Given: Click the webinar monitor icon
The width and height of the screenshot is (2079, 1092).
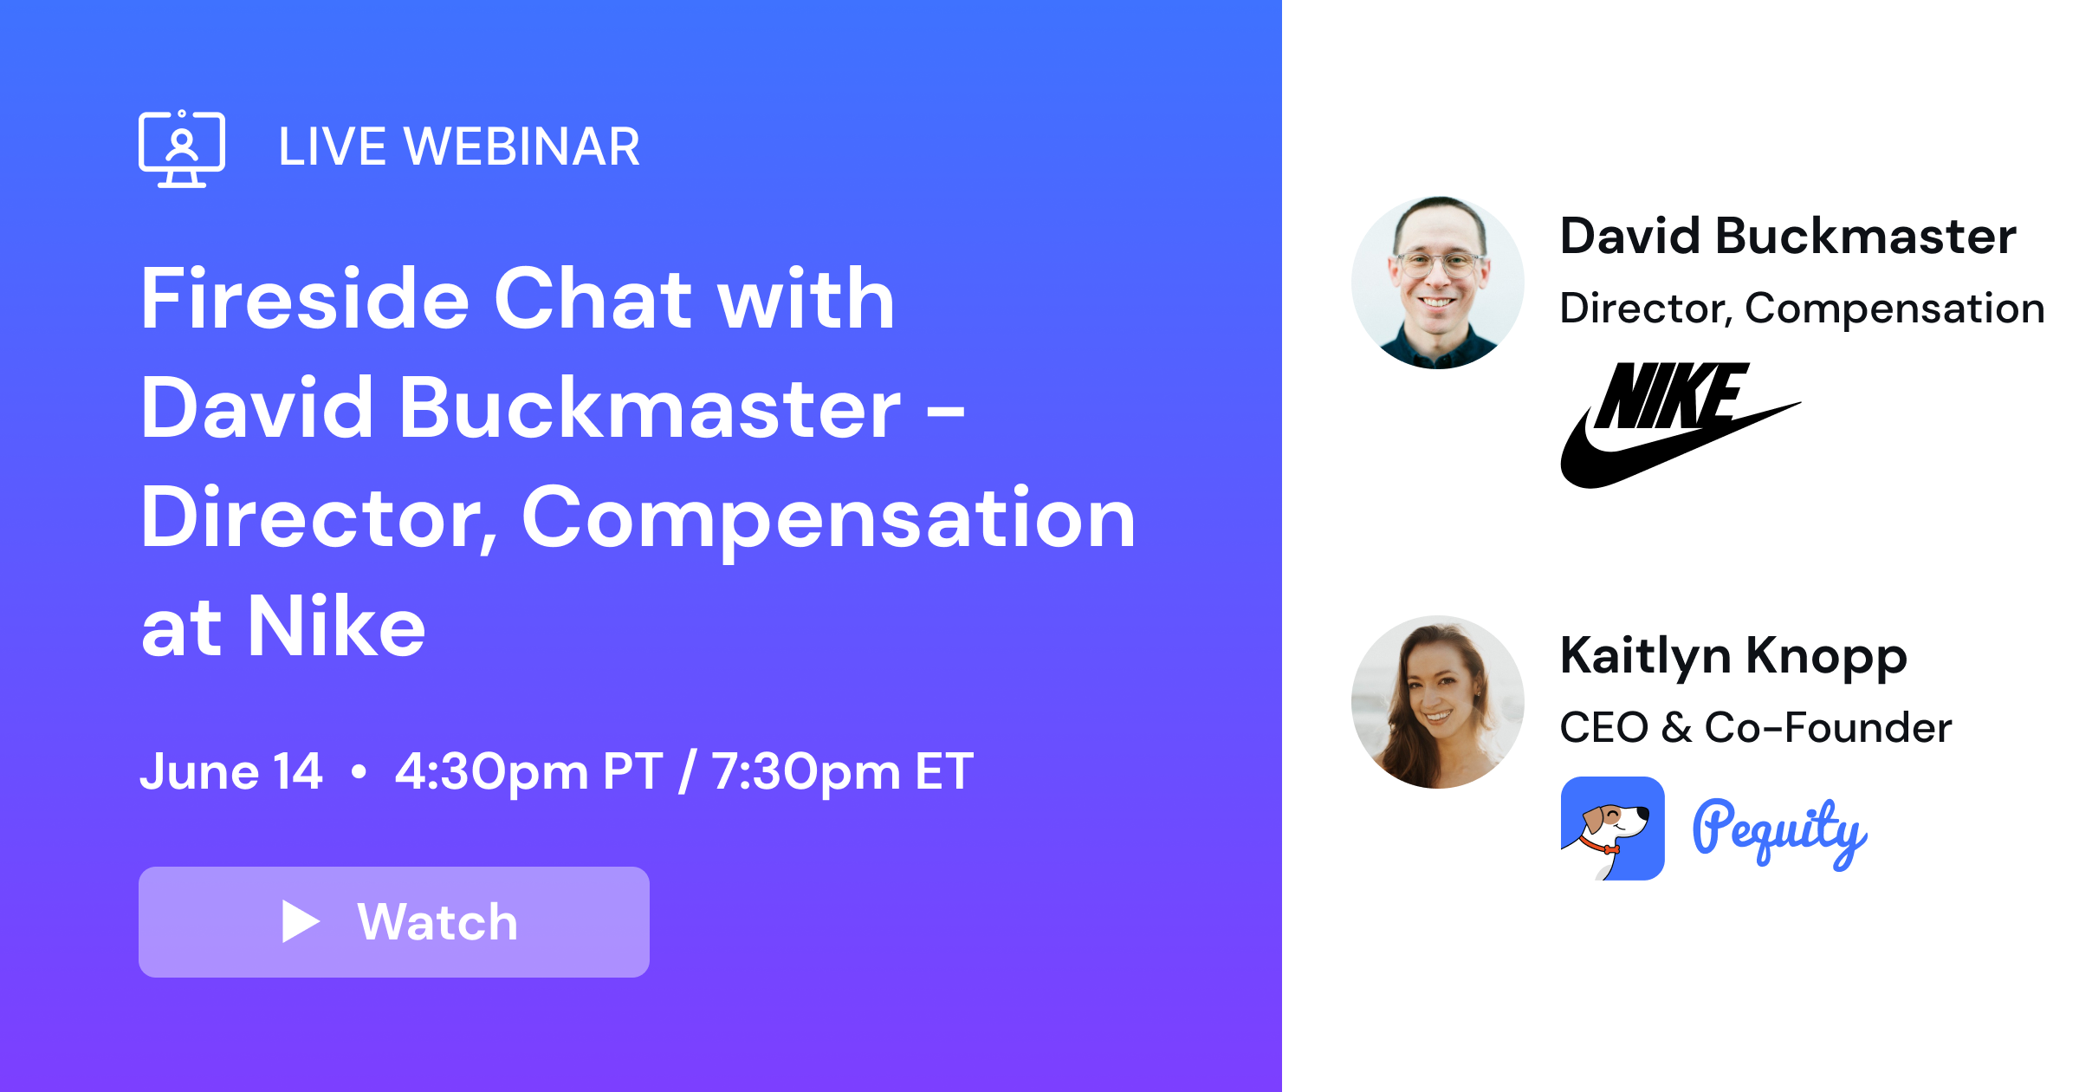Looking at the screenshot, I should pyautogui.click(x=182, y=149).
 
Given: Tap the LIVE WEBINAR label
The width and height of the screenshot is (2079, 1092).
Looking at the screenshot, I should pyautogui.click(x=459, y=146).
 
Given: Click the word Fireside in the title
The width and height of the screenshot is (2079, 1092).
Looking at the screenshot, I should pyautogui.click(x=305, y=299).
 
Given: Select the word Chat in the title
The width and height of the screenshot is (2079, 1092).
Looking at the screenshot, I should pyautogui.click(x=593, y=299).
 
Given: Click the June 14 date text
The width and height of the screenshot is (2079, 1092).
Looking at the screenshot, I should pyautogui.click(x=231, y=770).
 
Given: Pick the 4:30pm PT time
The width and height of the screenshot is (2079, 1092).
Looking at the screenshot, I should pyautogui.click(x=528, y=770).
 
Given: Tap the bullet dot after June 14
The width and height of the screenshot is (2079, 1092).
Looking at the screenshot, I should pyautogui.click(x=359, y=770).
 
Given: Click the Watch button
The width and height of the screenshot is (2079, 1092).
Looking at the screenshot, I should pyautogui.click(x=394, y=921).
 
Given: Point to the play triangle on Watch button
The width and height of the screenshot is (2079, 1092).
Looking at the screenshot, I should pyautogui.click(x=300, y=921).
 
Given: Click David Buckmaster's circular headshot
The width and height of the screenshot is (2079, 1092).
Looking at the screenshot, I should pyautogui.click(x=1438, y=283).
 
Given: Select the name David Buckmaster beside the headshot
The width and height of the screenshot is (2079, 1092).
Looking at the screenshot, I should pyautogui.click(x=1787, y=236).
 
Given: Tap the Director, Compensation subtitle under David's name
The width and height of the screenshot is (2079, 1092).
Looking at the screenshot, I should pyautogui.click(x=1802, y=309).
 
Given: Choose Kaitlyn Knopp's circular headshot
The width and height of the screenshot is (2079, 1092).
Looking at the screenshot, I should pyautogui.click(x=1438, y=702).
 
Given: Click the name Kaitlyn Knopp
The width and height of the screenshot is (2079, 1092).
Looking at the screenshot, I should pyautogui.click(x=1733, y=656).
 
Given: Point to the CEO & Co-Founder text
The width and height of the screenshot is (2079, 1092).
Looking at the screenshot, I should pyautogui.click(x=1755, y=727).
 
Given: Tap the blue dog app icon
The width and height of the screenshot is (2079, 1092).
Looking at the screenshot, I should pyautogui.click(x=1612, y=829).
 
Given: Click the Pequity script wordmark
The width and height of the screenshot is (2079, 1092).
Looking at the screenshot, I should pyautogui.click(x=1779, y=832).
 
